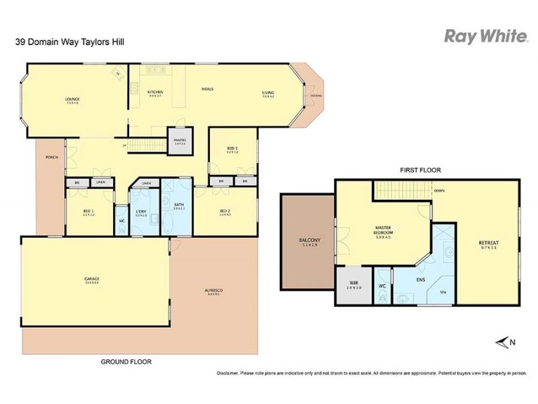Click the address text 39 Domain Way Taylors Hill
pyautogui.click(x=69, y=42)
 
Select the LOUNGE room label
pyautogui.click(x=72, y=100)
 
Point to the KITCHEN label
pyautogui.click(x=155, y=92)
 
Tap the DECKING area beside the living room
pyautogui.click(x=316, y=96)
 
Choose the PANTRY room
pyautogui.click(x=180, y=141)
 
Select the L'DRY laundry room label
pyautogui.click(x=141, y=212)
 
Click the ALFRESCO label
pyautogui.click(x=213, y=290)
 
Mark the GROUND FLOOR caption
pyautogui.click(x=126, y=362)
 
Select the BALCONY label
pyautogui.click(x=309, y=240)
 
